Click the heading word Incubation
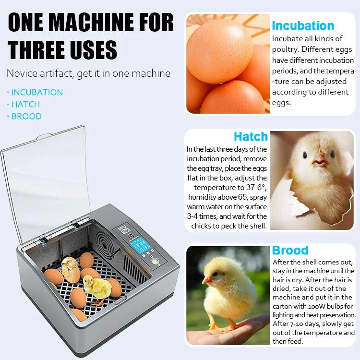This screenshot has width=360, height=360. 303,26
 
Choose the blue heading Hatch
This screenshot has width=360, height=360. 251,137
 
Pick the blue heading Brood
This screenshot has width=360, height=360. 290,251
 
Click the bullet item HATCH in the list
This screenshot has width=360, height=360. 25,104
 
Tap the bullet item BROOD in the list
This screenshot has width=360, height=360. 26,116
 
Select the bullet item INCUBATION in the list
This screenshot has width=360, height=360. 37,92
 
